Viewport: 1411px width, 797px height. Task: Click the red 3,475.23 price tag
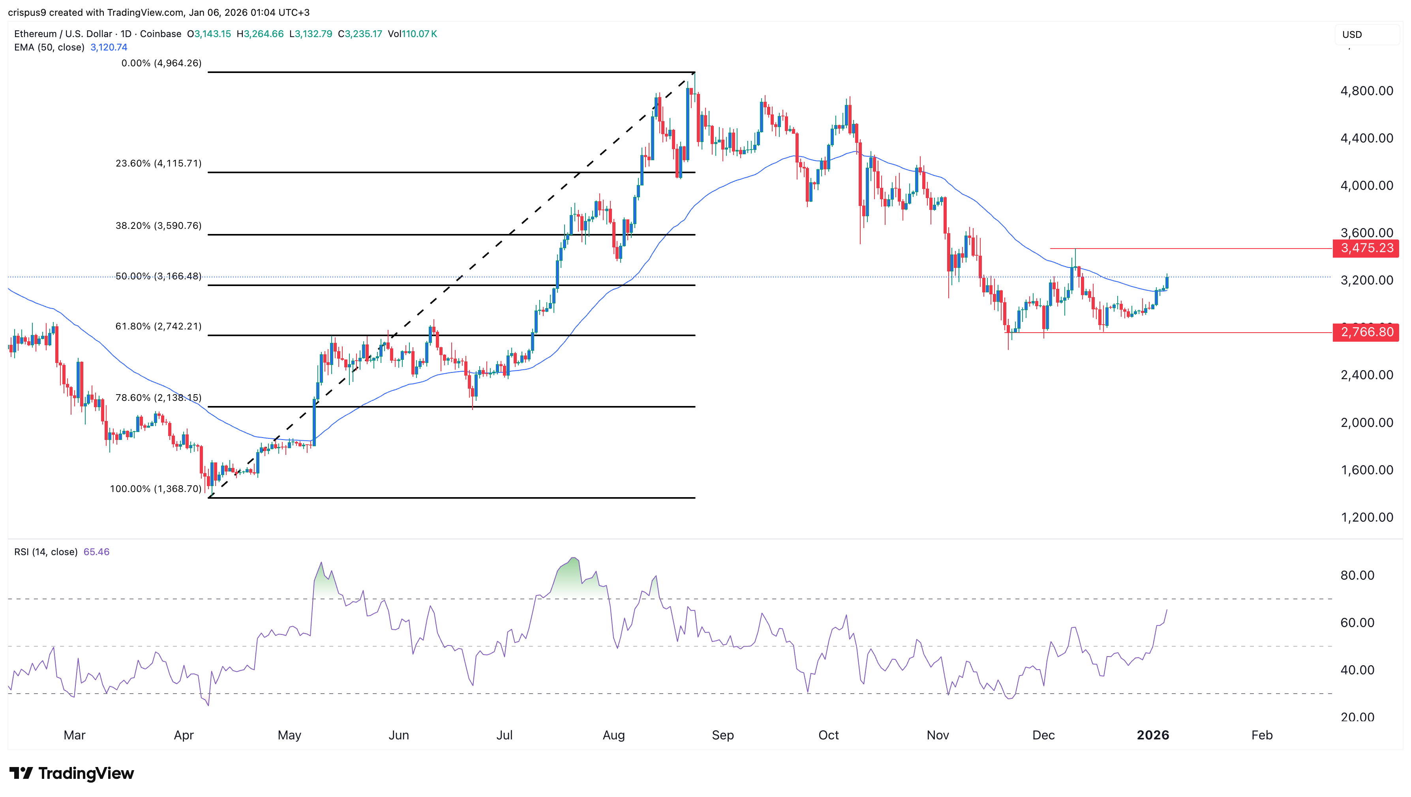(x=1366, y=248)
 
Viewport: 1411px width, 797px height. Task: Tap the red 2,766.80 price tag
(x=1366, y=332)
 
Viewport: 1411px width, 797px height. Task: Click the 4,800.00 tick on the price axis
(x=1366, y=91)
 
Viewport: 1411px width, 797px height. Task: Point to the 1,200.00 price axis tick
(x=1366, y=517)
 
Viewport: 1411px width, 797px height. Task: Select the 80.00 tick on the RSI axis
(x=1357, y=575)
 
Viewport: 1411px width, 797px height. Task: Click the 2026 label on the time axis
(x=1152, y=735)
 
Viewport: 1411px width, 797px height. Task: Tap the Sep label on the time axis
(x=722, y=735)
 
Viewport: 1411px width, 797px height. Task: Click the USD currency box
(x=1366, y=34)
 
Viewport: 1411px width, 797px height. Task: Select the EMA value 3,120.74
(x=109, y=47)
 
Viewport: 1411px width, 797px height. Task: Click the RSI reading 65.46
(x=96, y=552)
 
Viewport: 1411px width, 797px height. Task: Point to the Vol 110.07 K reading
(x=413, y=34)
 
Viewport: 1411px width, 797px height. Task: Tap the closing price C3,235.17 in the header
(x=360, y=34)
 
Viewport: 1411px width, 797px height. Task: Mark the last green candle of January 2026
(x=1167, y=282)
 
